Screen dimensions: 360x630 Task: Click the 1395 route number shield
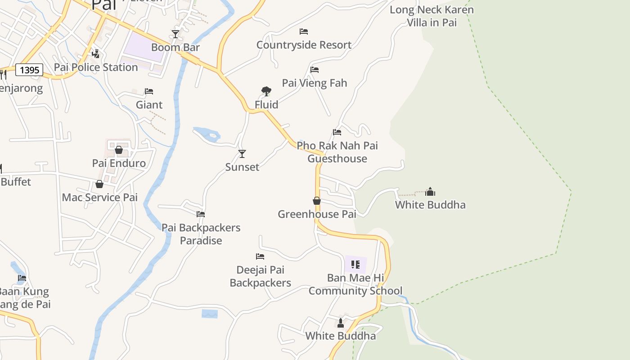(x=29, y=70)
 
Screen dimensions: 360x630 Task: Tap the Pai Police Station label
(x=96, y=67)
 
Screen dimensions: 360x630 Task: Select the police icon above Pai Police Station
(x=95, y=54)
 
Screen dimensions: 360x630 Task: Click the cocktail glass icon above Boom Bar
(x=175, y=34)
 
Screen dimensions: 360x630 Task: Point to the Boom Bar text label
(x=175, y=47)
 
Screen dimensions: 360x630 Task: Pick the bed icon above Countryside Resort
(x=304, y=31)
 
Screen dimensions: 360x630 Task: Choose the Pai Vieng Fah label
(x=315, y=83)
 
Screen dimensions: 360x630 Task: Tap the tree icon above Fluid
(x=266, y=92)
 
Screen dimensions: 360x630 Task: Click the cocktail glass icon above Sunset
(x=242, y=154)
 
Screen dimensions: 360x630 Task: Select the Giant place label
(x=149, y=105)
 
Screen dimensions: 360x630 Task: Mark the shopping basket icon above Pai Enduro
(x=119, y=150)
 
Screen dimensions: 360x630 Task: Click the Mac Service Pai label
(x=99, y=198)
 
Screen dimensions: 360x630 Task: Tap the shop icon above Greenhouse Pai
(x=317, y=201)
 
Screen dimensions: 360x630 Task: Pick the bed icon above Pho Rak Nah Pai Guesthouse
(x=337, y=132)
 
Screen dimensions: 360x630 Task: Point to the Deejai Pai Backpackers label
(x=260, y=276)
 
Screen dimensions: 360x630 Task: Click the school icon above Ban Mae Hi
(x=355, y=264)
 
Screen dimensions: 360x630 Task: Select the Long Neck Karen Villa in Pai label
(x=432, y=16)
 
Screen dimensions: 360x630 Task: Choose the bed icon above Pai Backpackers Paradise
(x=201, y=214)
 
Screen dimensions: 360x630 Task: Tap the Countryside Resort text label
(x=304, y=45)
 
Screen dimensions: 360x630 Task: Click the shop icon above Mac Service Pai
(x=99, y=184)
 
